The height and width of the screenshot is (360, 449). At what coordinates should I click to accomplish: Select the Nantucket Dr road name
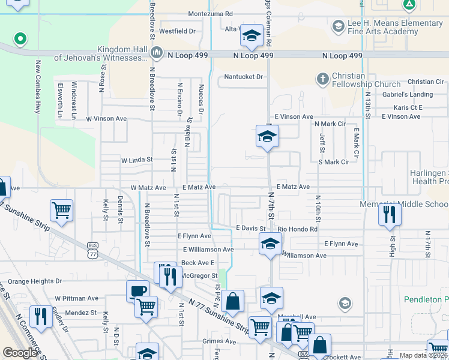click(244, 77)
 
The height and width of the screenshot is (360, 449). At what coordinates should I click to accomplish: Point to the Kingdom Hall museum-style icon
click(157, 53)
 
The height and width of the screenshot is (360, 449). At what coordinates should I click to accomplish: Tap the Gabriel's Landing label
click(408, 95)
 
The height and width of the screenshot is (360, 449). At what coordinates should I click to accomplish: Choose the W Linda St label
click(137, 161)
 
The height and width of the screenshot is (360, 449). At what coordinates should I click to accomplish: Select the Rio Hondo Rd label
click(297, 229)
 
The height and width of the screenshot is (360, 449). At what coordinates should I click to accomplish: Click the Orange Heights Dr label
click(35, 281)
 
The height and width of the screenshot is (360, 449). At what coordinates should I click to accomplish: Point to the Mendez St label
click(81, 313)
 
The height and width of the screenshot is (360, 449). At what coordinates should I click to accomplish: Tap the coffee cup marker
click(137, 291)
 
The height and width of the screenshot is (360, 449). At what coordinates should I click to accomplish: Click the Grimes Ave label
click(219, 341)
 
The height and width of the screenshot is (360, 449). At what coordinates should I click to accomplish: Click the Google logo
click(20, 353)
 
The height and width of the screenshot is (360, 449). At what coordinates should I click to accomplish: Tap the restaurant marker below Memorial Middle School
click(390, 214)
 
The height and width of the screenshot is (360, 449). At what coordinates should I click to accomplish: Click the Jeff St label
click(322, 143)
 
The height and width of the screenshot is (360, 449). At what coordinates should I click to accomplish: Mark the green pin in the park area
click(20, 40)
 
